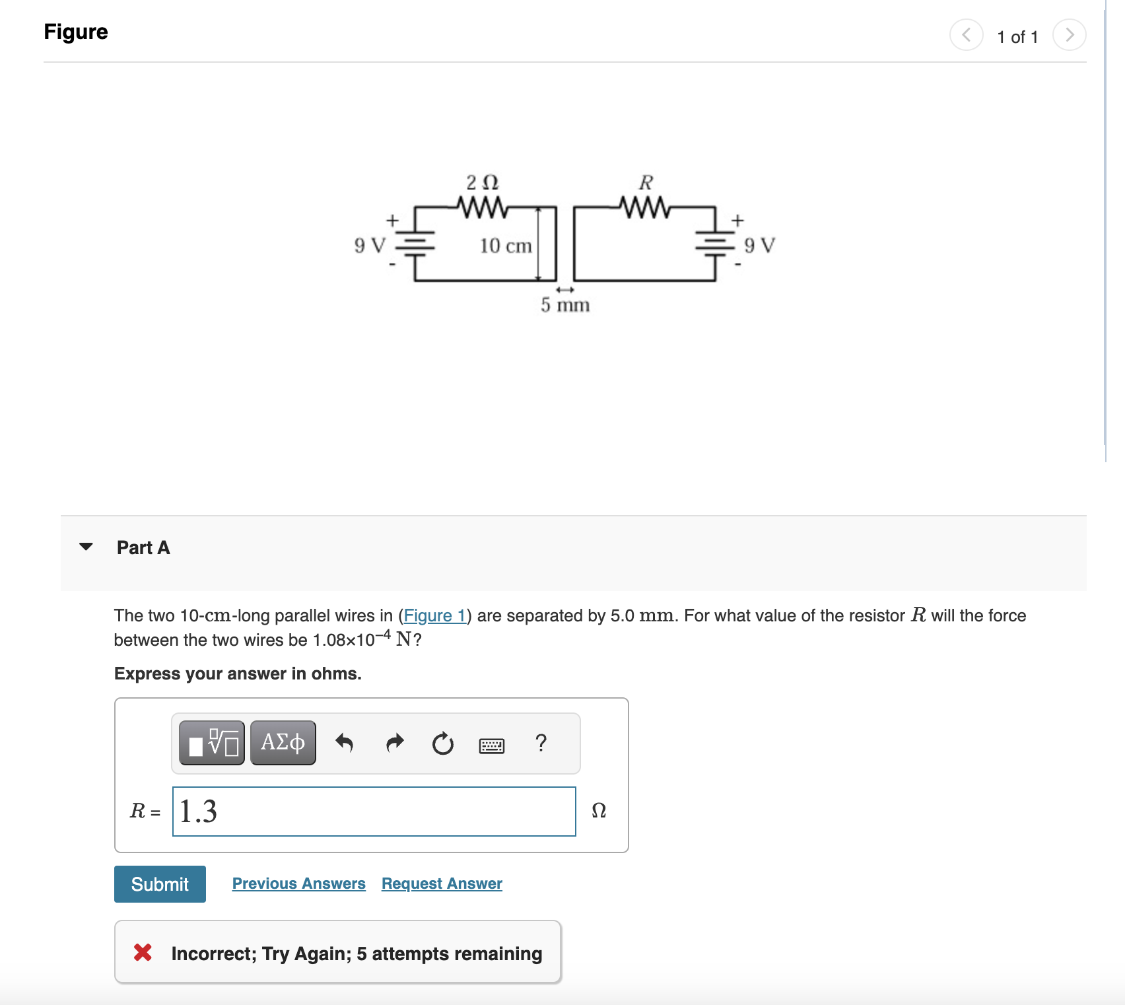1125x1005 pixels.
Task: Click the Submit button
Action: click(160, 884)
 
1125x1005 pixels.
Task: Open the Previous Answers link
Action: click(298, 884)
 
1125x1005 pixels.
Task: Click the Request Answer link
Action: click(442, 884)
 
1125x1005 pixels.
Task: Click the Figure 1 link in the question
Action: click(434, 615)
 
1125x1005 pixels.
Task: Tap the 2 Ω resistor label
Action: click(482, 182)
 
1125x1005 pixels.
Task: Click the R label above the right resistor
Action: click(646, 182)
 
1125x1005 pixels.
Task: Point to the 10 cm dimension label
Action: click(505, 246)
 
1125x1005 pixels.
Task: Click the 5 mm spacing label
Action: click(564, 305)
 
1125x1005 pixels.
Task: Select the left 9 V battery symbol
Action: click(415, 244)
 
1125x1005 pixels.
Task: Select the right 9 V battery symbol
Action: click(715, 244)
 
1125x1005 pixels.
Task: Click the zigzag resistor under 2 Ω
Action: click(483, 207)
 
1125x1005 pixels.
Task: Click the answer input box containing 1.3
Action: click(374, 812)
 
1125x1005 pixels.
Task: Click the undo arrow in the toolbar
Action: click(344, 743)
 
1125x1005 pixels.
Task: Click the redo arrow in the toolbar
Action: click(394, 743)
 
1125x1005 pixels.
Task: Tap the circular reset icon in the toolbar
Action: click(442, 744)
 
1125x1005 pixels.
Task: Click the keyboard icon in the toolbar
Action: click(491, 745)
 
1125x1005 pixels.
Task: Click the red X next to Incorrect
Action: click(143, 952)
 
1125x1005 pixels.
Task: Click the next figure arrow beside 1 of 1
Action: click(1069, 34)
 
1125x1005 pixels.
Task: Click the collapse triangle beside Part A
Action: click(86, 547)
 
